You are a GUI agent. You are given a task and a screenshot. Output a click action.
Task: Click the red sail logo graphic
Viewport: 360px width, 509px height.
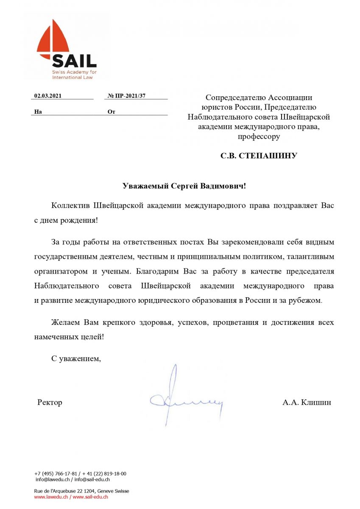point(53,40)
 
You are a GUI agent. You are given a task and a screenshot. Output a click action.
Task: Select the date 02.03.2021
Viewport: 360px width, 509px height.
point(48,96)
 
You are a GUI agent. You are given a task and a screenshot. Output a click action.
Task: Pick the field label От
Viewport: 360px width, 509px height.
point(112,112)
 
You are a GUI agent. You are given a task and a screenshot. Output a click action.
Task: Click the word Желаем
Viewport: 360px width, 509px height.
point(65,322)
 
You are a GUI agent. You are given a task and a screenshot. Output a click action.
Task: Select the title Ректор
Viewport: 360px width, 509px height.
point(50,402)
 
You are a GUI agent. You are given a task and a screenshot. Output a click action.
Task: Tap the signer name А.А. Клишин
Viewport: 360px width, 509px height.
point(307,402)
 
